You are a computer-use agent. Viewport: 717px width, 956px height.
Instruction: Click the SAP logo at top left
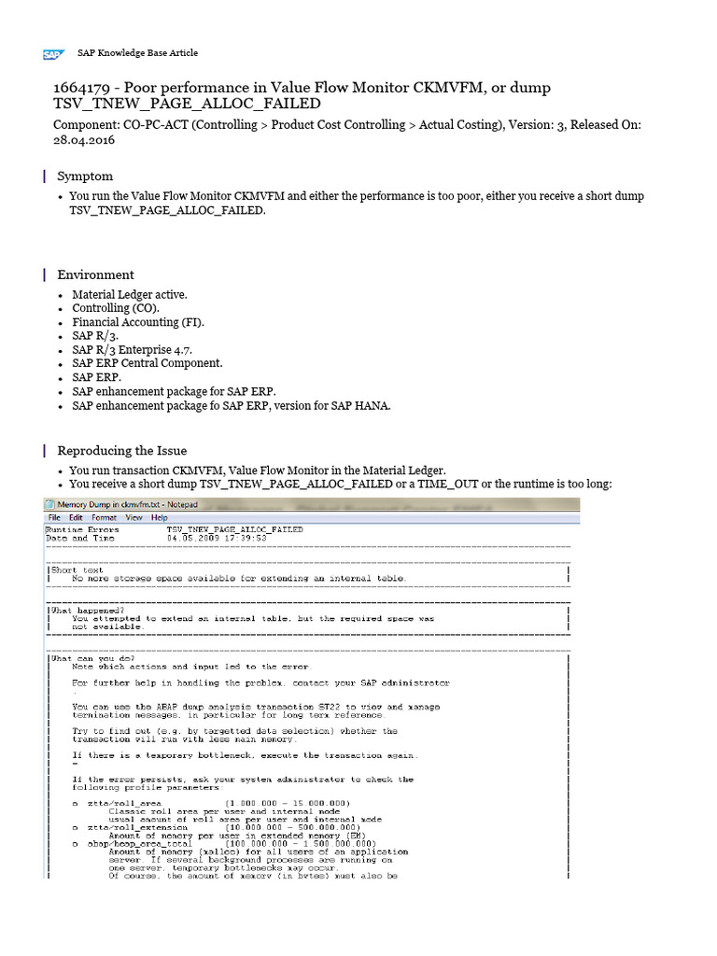pos(52,54)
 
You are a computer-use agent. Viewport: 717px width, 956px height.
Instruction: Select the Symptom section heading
pos(85,176)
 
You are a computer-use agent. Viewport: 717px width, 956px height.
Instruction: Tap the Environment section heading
pos(95,274)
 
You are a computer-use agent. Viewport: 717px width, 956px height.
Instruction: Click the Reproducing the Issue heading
pos(121,450)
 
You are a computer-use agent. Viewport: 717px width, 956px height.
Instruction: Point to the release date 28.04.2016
pos(83,140)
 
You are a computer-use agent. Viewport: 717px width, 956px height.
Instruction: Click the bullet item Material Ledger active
pos(130,294)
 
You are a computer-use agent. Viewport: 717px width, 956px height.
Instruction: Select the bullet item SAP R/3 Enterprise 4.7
pos(134,349)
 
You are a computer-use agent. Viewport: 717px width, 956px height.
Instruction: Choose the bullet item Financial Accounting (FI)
pos(137,322)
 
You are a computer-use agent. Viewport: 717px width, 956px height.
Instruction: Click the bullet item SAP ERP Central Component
pos(148,363)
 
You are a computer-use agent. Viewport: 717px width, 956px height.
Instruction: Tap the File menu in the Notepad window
pos(54,517)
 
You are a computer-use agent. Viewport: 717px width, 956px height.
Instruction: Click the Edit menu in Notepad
pos(75,517)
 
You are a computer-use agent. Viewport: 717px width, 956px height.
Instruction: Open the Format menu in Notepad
pos(104,517)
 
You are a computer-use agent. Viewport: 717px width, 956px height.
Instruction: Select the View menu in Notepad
pos(134,517)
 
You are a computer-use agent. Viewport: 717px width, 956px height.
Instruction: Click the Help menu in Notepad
pos(159,517)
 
